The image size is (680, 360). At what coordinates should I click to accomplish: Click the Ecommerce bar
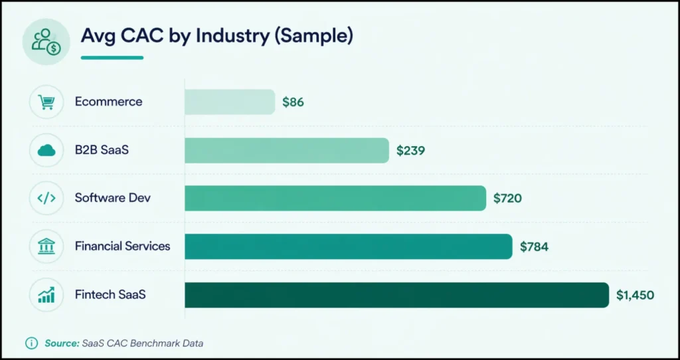229,102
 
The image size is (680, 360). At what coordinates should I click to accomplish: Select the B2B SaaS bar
286,150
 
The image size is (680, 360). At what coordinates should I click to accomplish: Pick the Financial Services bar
348,246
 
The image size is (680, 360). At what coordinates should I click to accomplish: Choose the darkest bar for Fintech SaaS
396,295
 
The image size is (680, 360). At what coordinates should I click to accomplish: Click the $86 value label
293,102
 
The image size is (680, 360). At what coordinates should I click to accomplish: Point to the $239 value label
410,151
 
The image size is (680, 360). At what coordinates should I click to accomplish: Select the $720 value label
507,198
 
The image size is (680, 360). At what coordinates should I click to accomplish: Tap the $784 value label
534,246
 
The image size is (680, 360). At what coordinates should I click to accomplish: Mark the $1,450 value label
635,295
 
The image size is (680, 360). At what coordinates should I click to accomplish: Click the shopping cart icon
46,102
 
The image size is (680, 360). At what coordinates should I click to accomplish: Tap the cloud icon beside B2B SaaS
46,150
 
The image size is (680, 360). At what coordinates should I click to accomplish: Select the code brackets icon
46,198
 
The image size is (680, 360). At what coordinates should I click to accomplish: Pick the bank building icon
46,246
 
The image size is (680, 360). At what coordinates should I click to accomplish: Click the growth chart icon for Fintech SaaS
46,295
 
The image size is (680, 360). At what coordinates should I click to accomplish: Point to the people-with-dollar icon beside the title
46,41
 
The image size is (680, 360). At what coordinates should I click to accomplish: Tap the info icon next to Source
31,343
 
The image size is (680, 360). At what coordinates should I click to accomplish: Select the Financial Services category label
122,246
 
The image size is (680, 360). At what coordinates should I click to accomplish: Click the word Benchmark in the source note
157,343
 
